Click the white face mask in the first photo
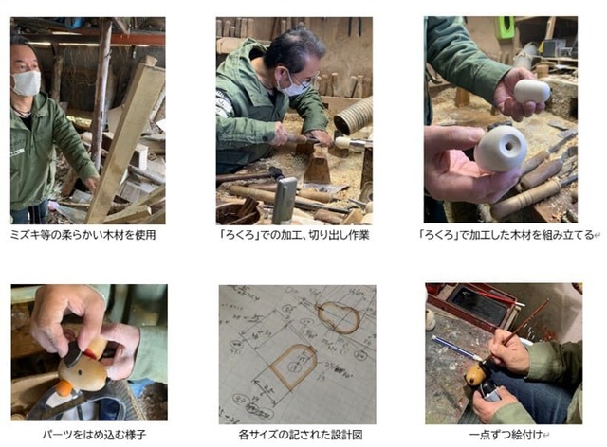[x=27, y=83]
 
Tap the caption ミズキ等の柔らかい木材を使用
[x=83, y=234]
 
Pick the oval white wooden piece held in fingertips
[x=532, y=92]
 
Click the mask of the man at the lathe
[x=297, y=86]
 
